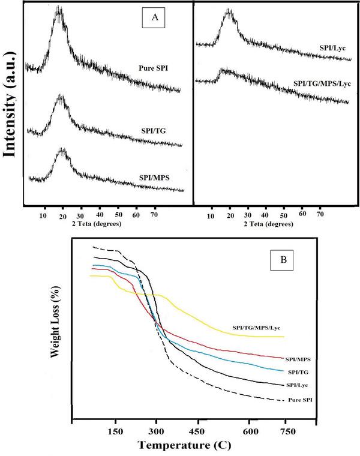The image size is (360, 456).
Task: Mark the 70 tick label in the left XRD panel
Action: pos(154,214)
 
